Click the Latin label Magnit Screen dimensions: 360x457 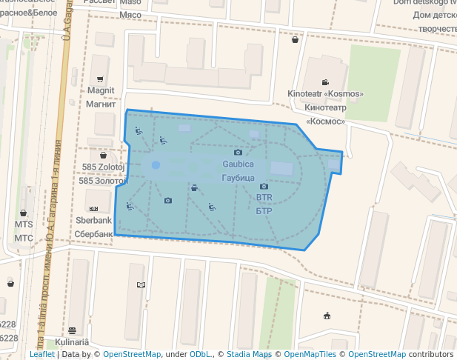point(100,90)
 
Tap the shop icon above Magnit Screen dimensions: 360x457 point(100,79)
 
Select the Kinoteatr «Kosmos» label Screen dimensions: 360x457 point(325,94)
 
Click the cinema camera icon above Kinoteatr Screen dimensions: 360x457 point(325,82)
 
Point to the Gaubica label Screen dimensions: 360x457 point(238,163)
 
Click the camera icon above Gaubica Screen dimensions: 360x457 point(238,152)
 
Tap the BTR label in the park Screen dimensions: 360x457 point(264,198)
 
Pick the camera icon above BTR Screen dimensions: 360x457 point(264,187)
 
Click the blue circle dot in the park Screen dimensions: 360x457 point(156,165)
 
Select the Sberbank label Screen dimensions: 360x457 point(94,220)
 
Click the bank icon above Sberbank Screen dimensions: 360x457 point(94,208)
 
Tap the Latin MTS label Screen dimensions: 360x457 point(24,224)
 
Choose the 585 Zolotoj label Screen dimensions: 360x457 point(103,167)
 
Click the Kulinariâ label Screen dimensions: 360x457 point(72,341)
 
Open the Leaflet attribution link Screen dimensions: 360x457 point(42,354)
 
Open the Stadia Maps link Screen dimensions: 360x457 point(249,354)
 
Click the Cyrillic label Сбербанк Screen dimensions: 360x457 point(94,233)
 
